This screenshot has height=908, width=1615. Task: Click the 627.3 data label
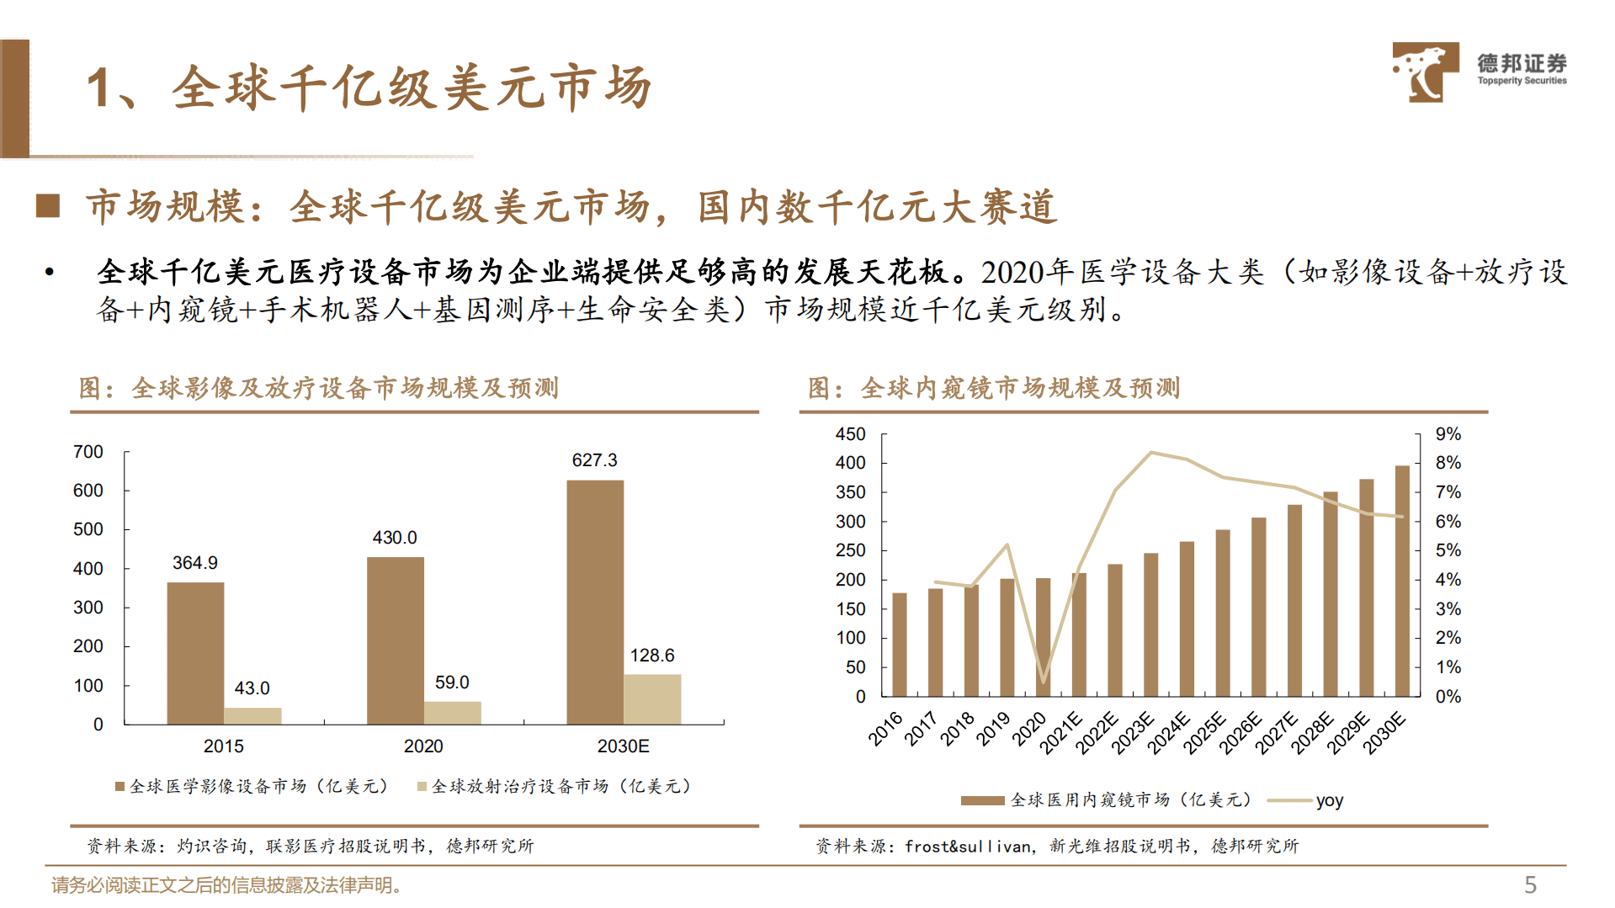(594, 460)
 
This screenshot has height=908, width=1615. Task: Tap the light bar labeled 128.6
(652, 698)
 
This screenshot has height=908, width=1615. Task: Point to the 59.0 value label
(452, 682)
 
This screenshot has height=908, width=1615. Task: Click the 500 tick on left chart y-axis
(88, 529)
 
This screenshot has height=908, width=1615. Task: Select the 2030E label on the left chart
(623, 746)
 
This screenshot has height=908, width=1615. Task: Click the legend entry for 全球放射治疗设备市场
(555, 786)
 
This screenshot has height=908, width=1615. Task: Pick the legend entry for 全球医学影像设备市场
(252, 786)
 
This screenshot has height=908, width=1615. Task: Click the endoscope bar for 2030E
(1402, 581)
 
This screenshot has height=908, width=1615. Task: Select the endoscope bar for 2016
(899, 644)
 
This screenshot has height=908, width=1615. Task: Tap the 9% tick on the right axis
(1448, 434)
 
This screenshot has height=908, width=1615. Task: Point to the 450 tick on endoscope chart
(850, 434)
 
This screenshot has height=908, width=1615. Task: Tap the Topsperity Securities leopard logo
(1425, 72)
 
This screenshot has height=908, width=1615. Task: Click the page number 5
(1530, 884)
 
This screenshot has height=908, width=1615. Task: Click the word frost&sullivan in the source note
(968, 847)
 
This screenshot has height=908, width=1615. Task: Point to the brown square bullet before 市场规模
(48, 206)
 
